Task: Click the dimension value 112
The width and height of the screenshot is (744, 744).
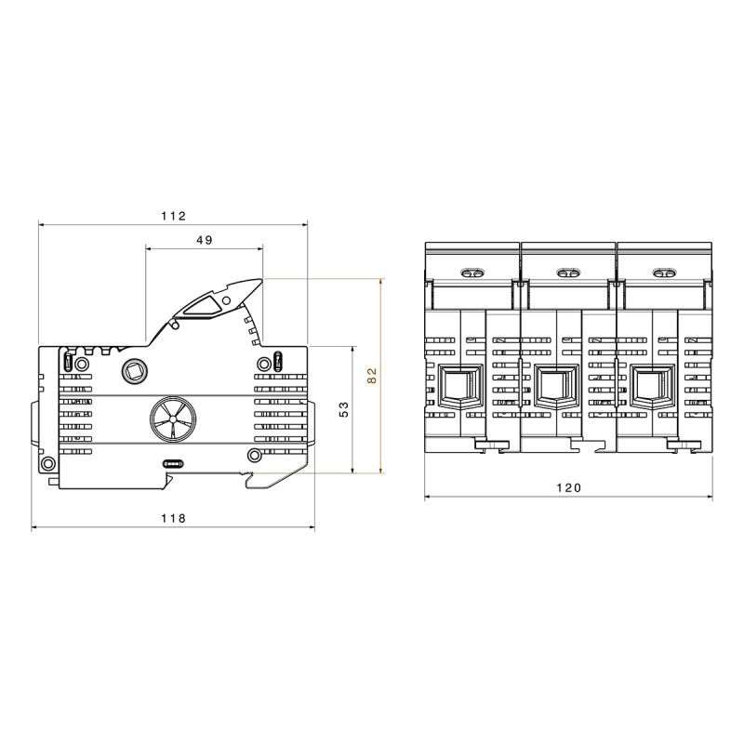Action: click(174, 216)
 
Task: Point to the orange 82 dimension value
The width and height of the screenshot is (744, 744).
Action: click(372, 376)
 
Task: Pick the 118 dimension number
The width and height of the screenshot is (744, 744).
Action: click(173, 518)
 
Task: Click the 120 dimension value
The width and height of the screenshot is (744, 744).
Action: click(568, 487)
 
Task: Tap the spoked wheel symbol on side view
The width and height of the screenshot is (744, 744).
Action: click(173, 420)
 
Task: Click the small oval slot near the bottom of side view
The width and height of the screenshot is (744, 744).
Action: click(173, 462)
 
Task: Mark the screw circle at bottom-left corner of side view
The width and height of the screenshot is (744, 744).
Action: click(47, 464)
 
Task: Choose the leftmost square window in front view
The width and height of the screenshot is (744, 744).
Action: click(458, 385)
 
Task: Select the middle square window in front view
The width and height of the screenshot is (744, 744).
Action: click(553, 385)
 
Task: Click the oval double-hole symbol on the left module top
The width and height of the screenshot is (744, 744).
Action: click(472, 273)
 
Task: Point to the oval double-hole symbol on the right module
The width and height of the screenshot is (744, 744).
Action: click(663, 273)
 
